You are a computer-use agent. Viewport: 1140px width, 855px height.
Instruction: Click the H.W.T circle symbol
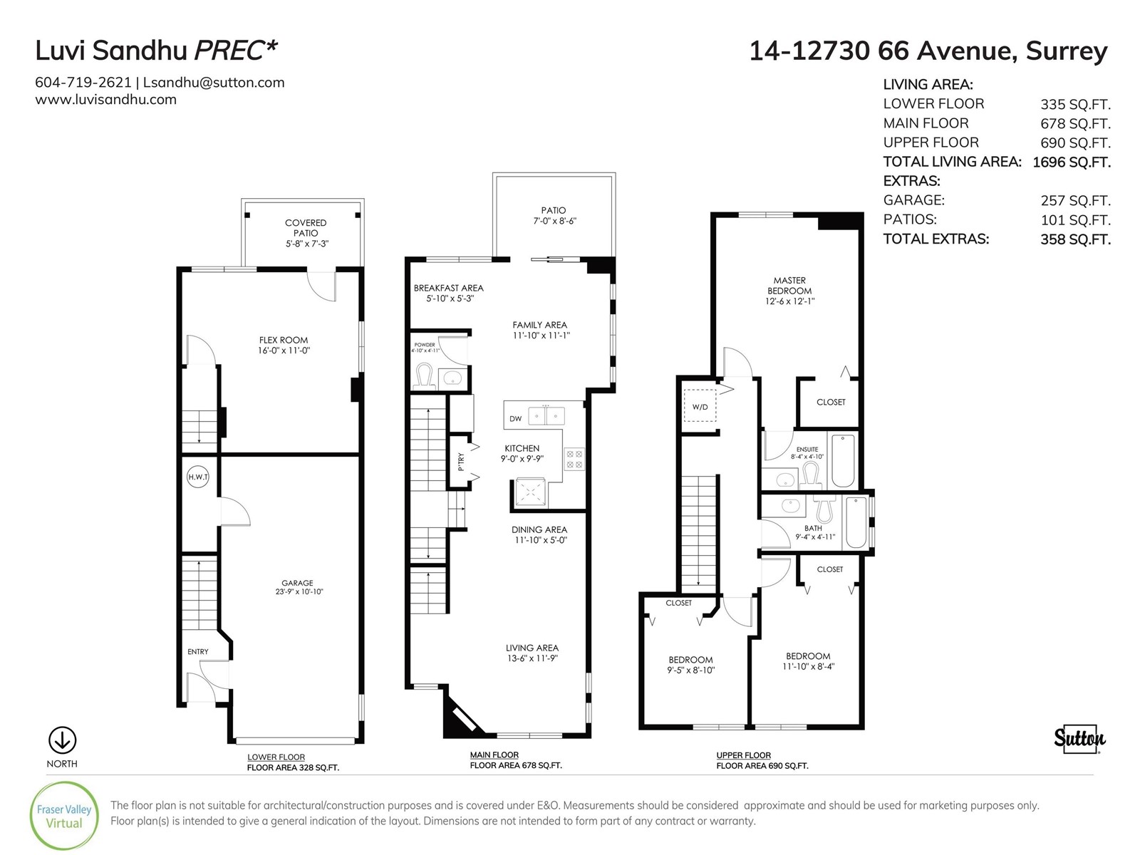tap(198, 477)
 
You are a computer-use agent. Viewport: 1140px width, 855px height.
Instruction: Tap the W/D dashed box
tap(700, 405)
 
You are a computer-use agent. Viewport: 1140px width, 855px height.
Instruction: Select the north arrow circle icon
tap(62, 740)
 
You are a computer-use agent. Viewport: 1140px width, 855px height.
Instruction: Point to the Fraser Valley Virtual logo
tap(64, 816)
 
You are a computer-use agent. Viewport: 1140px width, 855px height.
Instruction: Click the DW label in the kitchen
tap(515, 418)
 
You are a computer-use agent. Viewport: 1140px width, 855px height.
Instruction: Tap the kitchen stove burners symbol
tap(574, 459)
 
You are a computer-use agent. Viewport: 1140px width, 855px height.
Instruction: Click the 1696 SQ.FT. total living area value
tap(1072, 162)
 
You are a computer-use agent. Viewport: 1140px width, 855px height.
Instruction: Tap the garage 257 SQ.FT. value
tap(1076, 201)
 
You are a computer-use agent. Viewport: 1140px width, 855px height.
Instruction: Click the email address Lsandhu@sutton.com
tap(214, 83)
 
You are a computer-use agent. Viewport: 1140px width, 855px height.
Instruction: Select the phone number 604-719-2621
tap(83, 83)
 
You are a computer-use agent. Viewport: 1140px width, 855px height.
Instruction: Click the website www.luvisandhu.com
tap(105, 100)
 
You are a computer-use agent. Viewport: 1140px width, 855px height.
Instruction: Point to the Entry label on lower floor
tap(198, 651)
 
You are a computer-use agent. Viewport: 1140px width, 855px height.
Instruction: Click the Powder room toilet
tap(425, 375)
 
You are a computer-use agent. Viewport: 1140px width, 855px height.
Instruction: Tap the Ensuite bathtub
tap(842, 460)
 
